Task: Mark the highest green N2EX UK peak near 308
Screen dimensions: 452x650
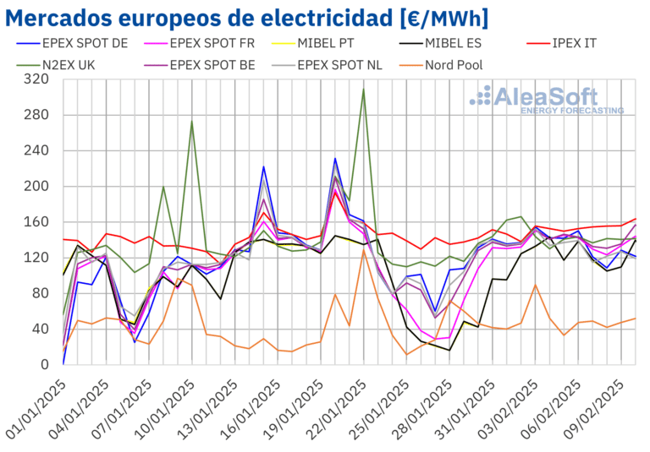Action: [363, 89]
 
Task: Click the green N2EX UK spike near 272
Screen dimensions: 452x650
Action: [192, 122]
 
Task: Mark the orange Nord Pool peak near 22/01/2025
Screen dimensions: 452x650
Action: [364, 250]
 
